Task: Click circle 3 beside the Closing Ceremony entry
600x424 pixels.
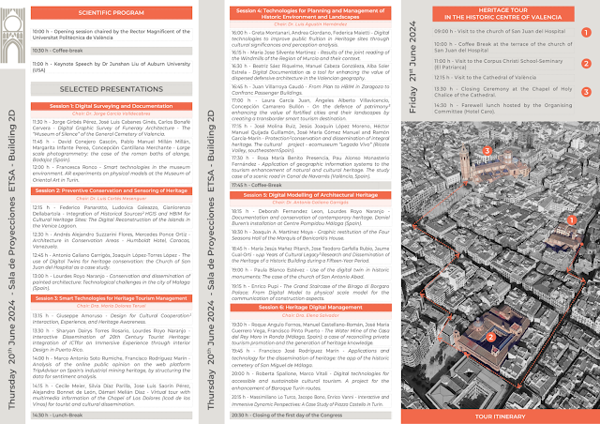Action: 586,94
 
